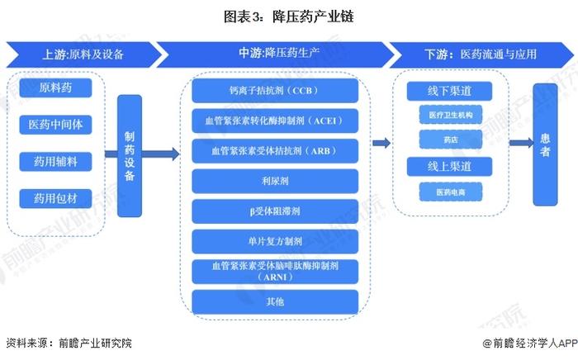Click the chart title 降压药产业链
click(289, 17)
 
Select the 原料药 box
click(55, 88)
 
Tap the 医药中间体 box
click(55, 125)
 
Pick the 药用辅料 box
click(55, 161)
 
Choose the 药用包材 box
click(55, 199)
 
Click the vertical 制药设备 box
click(130, 156)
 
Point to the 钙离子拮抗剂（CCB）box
click(275, 90)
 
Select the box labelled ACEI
click(275, 121)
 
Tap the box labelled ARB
click(275, 151)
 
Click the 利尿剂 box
click(275, 181)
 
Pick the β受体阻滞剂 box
click(275, 211)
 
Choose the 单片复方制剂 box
click(275, 241)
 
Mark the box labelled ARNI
click(275, 272)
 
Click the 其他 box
click(275, 301)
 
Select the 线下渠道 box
click(449, 91)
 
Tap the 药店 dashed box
click(451, 140)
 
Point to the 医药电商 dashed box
click(451, 192)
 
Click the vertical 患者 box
click(545, 144)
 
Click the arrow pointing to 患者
click(521, 143)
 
